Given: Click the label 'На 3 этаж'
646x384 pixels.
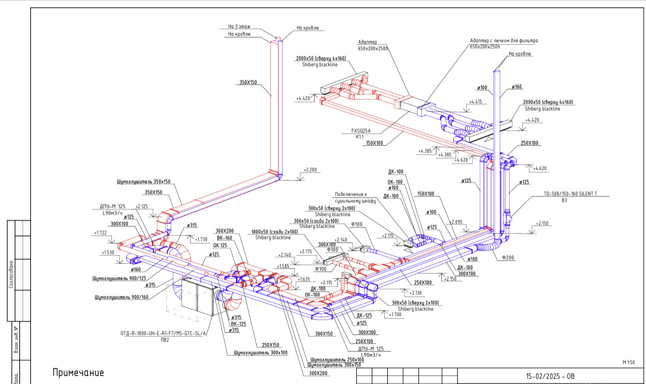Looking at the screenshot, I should point(239,26).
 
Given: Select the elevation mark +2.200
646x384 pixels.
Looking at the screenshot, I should point(310,169).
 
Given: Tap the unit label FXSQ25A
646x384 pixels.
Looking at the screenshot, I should point(361,130).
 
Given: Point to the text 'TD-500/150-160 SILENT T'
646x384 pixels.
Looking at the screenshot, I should point(576,193).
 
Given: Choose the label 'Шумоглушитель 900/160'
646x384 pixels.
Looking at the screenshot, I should point(121,297).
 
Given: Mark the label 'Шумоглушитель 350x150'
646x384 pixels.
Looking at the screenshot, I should point(143,181).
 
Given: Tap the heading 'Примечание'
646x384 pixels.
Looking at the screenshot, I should point(78,373).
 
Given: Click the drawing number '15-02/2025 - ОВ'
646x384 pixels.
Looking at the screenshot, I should point(550,376).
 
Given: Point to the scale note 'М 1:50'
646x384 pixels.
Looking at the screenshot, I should point(629,362).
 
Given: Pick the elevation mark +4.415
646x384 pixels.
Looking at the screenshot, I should point(475,102).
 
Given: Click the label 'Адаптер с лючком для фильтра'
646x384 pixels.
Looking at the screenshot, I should point(504,41).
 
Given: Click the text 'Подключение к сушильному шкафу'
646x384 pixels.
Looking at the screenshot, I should point(355,198).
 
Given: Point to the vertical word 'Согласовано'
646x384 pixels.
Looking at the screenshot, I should point(11,274).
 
